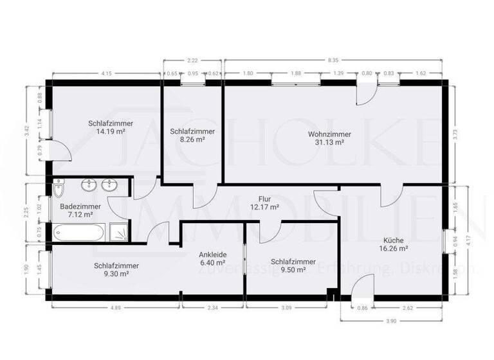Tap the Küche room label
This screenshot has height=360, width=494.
(x=394, y=239)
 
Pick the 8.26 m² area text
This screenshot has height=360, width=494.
(x=192, y=139)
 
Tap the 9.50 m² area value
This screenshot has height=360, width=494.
(x=293, y=271)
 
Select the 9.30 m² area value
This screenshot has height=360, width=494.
(x=116, y=273)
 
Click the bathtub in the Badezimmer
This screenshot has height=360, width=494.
(x=80, y=231)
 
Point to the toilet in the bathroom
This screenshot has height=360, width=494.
(x=59, y=190)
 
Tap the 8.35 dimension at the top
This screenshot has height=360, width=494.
(x=333, y=59)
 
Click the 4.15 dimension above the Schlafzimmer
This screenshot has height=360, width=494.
(x=106, y=74)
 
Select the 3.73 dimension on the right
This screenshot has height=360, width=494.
(x=455, y=135)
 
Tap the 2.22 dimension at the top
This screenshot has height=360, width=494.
(x=192, y=59)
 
